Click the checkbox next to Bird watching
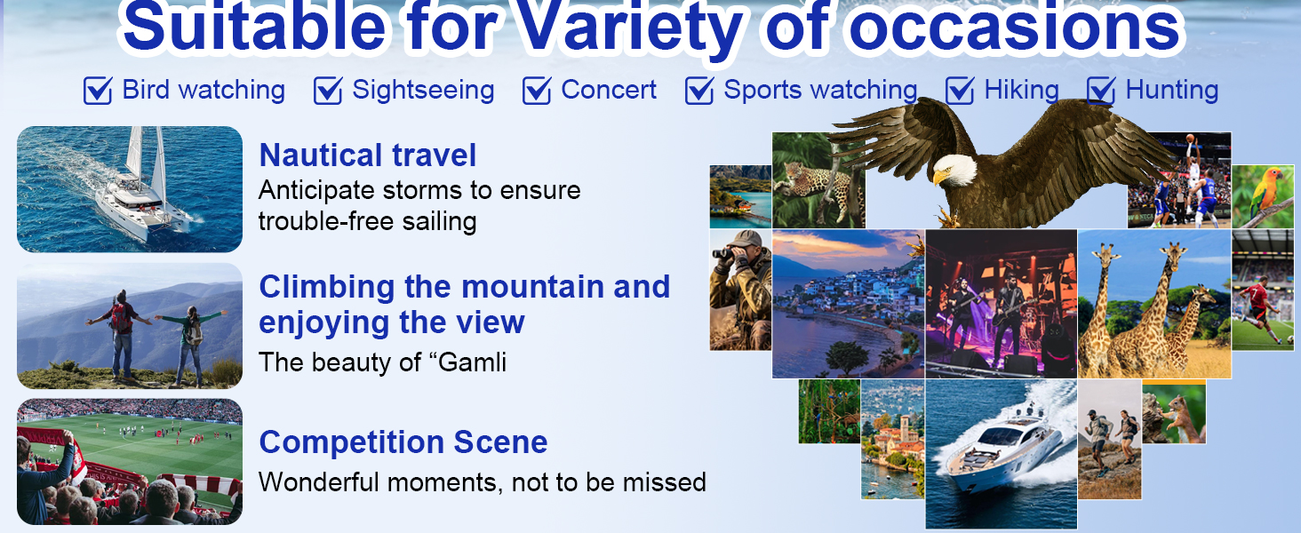pos(98,91)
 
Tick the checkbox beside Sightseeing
pos(328,91)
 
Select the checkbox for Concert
pos(537,91)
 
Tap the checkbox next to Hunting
pos(1101,91)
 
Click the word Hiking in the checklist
pos(1021,90)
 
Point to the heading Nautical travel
pos(368,155)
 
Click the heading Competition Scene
pos(403,442)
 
